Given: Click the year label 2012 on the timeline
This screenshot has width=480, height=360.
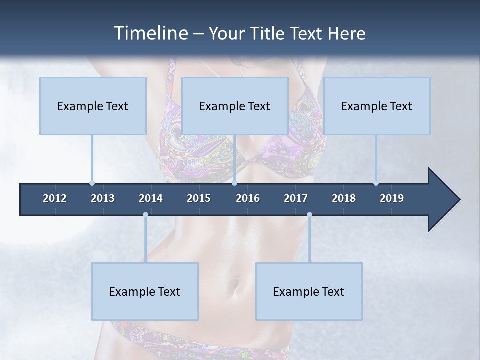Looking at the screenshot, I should pos(55,198).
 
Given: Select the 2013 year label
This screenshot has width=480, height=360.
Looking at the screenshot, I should pos(103,198).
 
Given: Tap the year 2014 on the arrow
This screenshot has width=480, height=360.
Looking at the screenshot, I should pos(151,198).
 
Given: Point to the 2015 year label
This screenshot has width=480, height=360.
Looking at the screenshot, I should pos(199,198).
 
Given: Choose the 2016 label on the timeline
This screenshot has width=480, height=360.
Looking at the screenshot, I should pos(248,198).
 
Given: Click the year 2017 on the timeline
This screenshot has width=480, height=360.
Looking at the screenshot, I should pos(296,198).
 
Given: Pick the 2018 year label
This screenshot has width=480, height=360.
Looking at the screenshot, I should pos(344,198).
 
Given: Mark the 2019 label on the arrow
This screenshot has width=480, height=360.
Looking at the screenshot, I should pos(392,198).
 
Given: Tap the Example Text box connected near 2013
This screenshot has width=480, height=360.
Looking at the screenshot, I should pos(93,106).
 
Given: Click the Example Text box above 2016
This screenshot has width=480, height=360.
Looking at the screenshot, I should pos(235,106).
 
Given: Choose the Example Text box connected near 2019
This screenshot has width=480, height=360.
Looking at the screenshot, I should pos(377,106).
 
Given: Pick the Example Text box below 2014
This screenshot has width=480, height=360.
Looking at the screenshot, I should pos(145,291).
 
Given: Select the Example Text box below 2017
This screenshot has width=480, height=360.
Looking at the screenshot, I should pos(309,291).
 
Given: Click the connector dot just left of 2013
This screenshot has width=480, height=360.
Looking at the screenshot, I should pos(92,183).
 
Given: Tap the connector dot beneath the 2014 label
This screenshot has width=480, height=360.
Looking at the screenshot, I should pos(145,215).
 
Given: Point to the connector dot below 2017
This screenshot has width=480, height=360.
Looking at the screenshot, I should pos(309,215).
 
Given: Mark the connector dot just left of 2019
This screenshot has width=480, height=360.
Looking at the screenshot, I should pos(376,183).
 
